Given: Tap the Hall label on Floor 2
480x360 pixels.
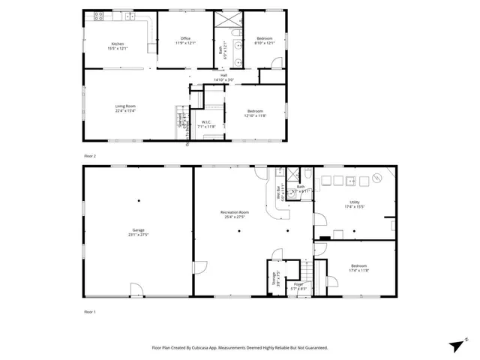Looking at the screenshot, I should click(223, 75).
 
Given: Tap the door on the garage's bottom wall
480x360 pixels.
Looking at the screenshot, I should click(136, 289).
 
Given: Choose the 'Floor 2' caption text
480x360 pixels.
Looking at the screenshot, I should click(90, 155).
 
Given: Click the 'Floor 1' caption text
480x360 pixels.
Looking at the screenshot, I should click(90, 310).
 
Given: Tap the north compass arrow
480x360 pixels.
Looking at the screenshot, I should click(456, 344).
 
